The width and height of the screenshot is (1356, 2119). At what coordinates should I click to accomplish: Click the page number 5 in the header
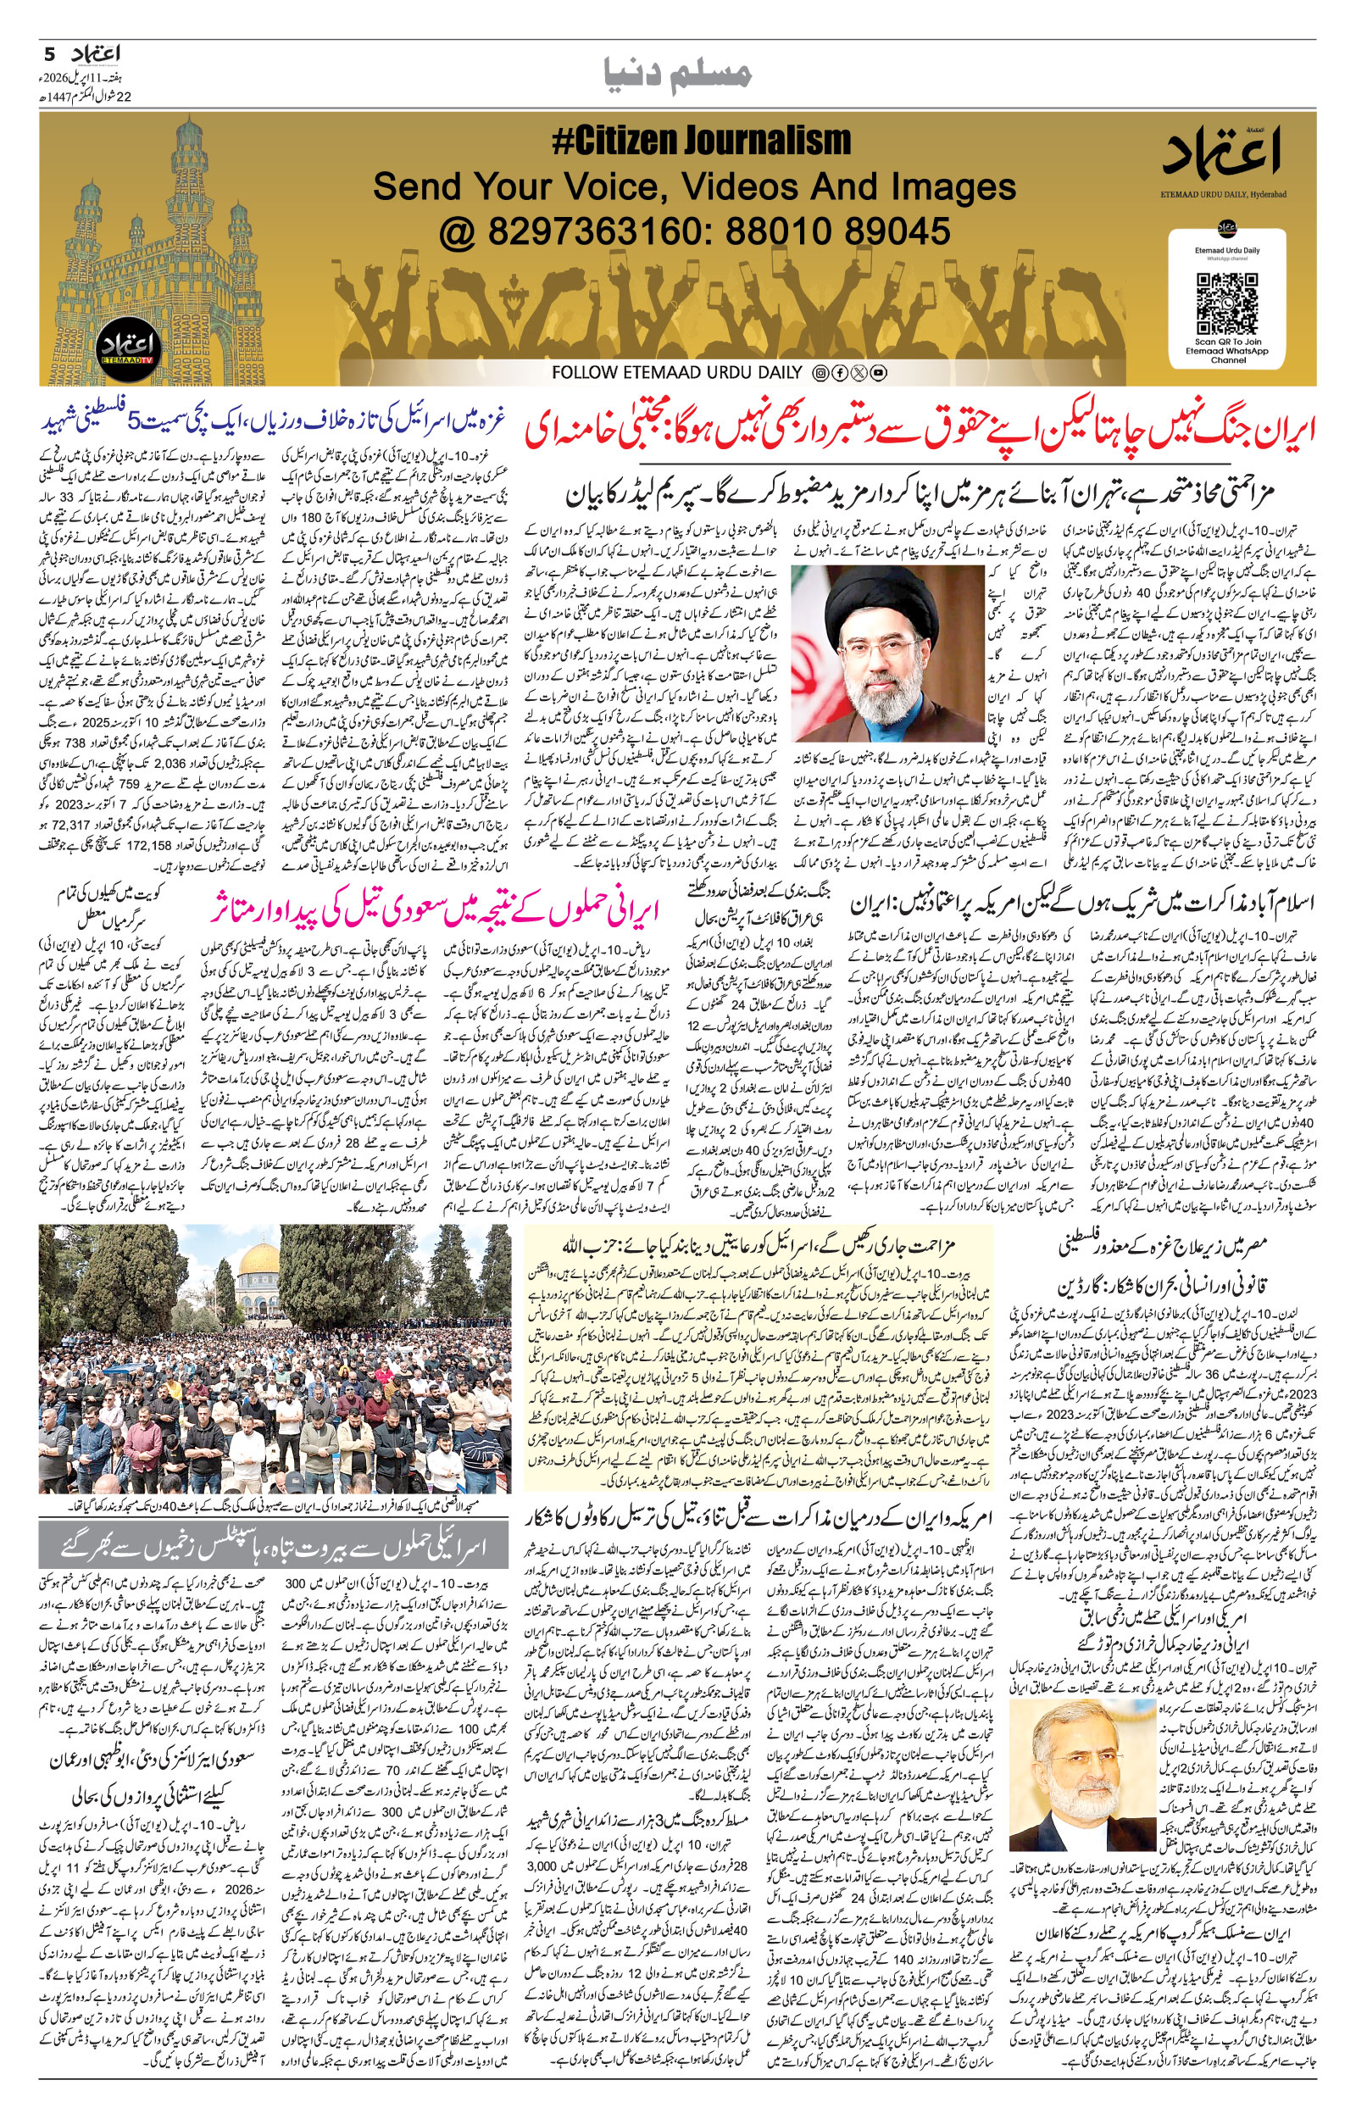click(x=49, y=53)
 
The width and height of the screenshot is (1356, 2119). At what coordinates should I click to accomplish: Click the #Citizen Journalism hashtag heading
click(x=701, y=142)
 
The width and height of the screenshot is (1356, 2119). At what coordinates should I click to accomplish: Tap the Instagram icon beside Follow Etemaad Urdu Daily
click(x=820, y=373)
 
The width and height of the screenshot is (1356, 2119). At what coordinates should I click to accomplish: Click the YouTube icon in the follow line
click(x=878, y=373)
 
